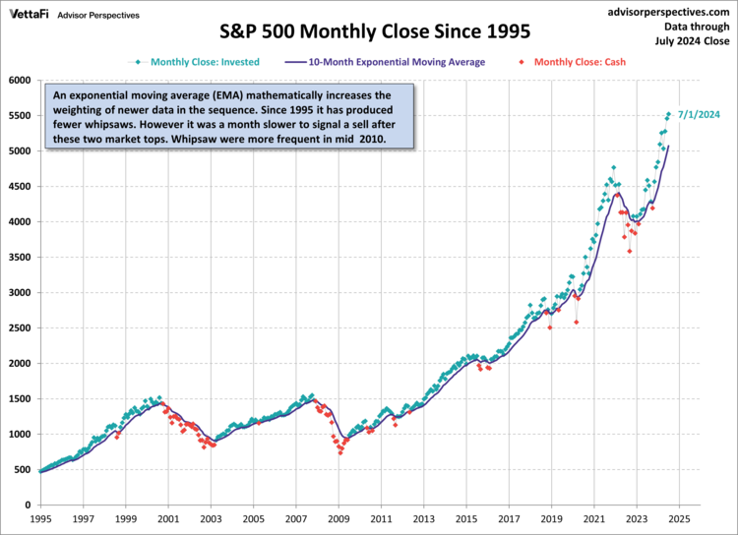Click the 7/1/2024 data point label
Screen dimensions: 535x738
pos(698,115)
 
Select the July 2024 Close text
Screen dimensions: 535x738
pos(694,42)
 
